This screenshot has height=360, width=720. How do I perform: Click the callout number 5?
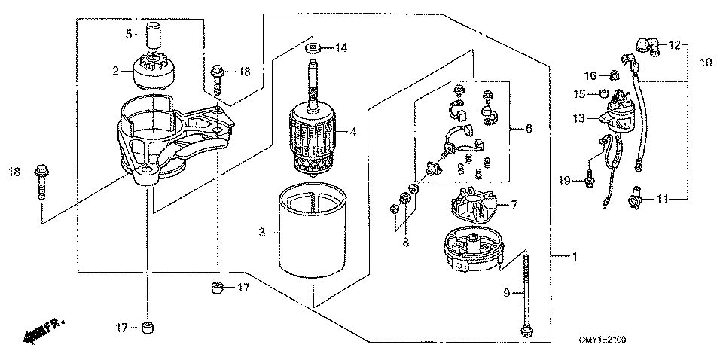(x=128, y=34)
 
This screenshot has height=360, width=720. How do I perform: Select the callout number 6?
(x=528, y=129)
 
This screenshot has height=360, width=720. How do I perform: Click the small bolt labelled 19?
(x=589, y=180)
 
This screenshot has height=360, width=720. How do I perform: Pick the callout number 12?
(x=674, y=44)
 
